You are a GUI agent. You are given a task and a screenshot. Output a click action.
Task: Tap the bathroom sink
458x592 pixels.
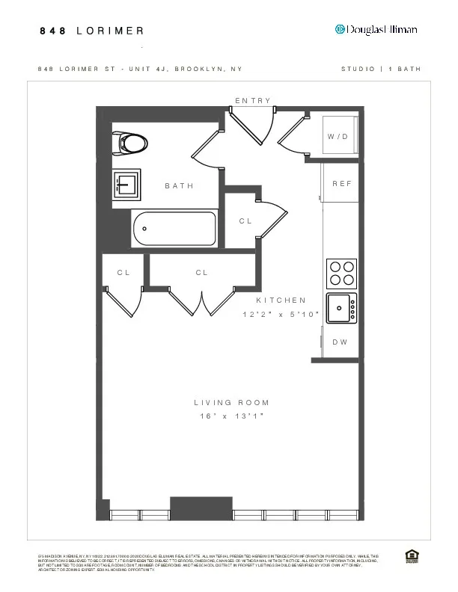(x=126, y=183)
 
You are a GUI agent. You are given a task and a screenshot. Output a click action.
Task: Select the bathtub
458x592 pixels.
(x=174, y=229)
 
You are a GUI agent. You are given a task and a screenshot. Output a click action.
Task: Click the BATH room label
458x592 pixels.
(x=180, y=186)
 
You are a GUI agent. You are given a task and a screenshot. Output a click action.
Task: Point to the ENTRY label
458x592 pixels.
(x=253, y=101)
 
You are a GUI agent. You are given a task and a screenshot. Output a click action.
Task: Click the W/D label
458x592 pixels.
(x=338, y=138)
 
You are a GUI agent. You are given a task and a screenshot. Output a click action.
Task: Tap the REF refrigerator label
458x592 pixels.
(x=341, y=184)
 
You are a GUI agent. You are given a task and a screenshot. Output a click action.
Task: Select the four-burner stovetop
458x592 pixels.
(x=341, y=273)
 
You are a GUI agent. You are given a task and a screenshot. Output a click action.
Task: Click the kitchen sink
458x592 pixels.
(x=341, y=307)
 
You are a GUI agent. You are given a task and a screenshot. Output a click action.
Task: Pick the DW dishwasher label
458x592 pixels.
(x=340, y=342)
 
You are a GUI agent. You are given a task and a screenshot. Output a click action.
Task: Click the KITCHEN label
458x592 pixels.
(x=281, y=300)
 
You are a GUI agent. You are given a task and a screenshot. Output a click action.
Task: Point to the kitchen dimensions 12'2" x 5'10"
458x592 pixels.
(x=281, y=315)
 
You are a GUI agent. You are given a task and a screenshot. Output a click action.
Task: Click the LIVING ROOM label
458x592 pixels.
(x=232, y=403)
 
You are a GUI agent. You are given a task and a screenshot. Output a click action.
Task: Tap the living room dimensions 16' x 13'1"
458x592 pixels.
(x=232, y=416)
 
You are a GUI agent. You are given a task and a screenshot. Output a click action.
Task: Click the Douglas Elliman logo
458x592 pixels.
(x=376, y=29)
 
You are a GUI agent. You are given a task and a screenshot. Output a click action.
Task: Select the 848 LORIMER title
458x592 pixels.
(x=91, y=31)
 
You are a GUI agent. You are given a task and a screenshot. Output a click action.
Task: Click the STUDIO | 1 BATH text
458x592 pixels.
(x=381, y=69)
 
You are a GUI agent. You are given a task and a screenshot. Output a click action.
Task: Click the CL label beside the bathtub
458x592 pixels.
(x=245, y=221)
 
